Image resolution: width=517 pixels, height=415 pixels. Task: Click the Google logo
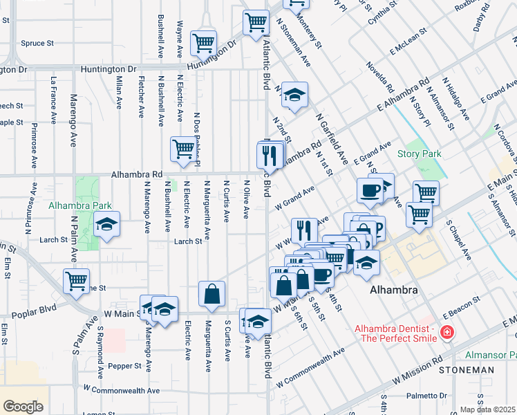(x=23, y=406)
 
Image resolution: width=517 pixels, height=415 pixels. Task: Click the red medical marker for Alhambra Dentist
(x=447, y=333)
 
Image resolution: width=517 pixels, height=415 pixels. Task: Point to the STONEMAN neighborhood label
(x=470, y=370)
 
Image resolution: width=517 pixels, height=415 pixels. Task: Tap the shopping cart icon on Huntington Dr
(x=204, y=44)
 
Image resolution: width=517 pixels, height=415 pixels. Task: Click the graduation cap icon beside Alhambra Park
(x=106, y=225)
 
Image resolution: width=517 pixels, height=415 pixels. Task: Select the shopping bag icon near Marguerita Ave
(x=211, y=293)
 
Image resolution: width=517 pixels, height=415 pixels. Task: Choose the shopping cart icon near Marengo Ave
(x=76, y=281)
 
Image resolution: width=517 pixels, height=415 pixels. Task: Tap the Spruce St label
(x=37, y=43)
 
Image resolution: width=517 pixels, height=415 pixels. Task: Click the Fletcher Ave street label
(x=142, y=96)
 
